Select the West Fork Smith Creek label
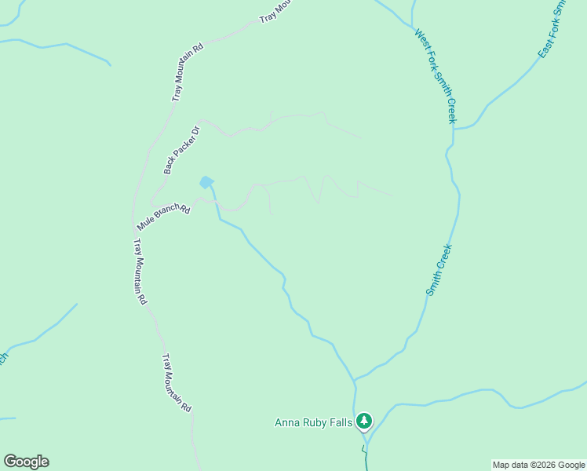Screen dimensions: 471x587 click(436, 76)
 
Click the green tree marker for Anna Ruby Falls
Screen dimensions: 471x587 click(363, 422)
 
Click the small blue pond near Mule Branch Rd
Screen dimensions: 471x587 click(206, 182)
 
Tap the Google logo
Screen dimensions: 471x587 click(26, 462)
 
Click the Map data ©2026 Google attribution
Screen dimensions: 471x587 click(539, 465)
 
